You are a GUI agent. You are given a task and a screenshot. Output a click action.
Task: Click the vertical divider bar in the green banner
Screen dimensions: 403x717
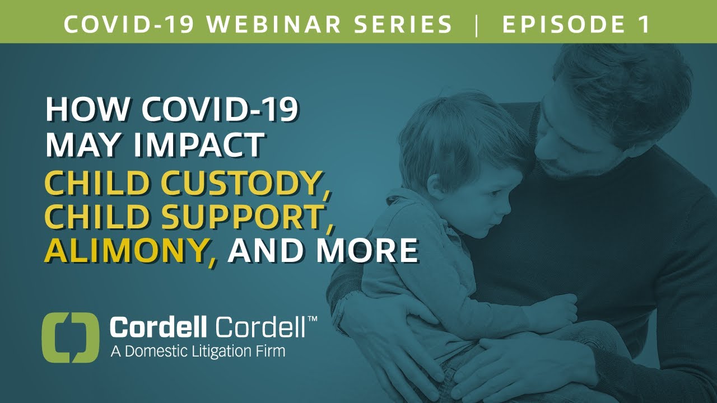click(477, 25)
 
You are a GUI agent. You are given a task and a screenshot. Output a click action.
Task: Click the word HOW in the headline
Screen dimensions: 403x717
click(80, 110)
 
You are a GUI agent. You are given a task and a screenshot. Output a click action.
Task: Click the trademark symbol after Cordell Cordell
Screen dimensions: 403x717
click(312, 318)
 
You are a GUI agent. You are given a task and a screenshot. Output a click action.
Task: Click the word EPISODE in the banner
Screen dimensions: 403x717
click(562, 25)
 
